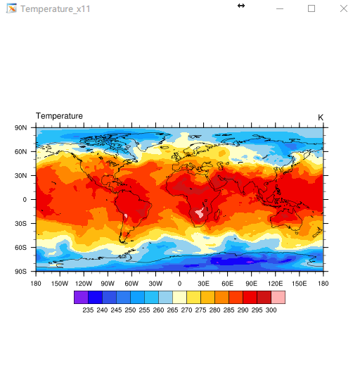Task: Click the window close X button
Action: coord(344,8)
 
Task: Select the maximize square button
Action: coord(311,8)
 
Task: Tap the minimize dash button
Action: coord(280,9)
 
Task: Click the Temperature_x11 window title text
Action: coord(56,9)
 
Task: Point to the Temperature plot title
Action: coord(59,116)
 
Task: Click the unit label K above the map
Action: coord(321,118)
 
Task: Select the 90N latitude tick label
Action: coord(20,127)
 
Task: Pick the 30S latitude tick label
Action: coord(20,224)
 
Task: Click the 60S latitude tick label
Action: coord(20,248)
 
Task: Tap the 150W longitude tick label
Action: coord(60,284)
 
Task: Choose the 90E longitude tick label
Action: coord(251,284)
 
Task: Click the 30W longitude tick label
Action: coord(155,284)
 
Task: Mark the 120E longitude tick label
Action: coord(275,284)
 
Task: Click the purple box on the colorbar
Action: coord(81,297)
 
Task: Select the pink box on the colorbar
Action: coord(278,297)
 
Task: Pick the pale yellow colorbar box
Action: coord(179,297)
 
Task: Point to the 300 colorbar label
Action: coord(271,310)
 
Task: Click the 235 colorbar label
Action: coord(88,310)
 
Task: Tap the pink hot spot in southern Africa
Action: coord(200,213)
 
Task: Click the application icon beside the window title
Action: coord(12,8)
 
